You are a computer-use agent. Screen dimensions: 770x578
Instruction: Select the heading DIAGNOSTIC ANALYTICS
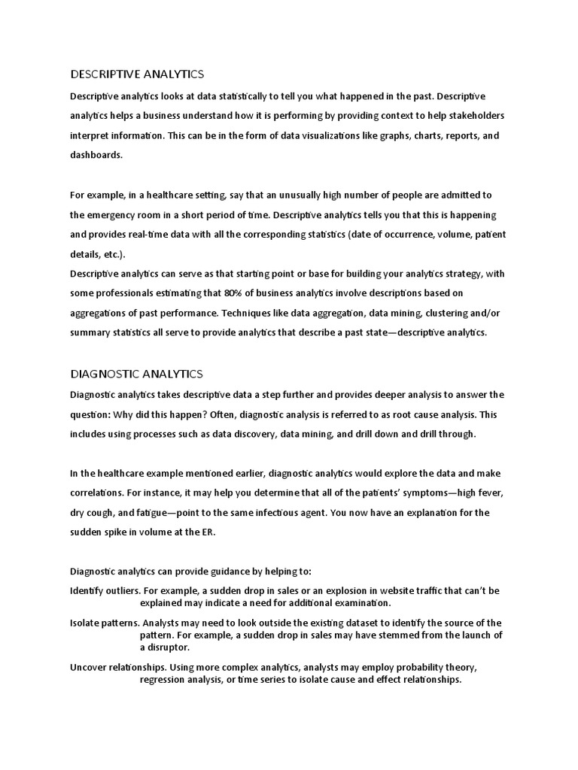[136, 374]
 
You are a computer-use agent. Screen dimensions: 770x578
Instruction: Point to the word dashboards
[95, 155]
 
